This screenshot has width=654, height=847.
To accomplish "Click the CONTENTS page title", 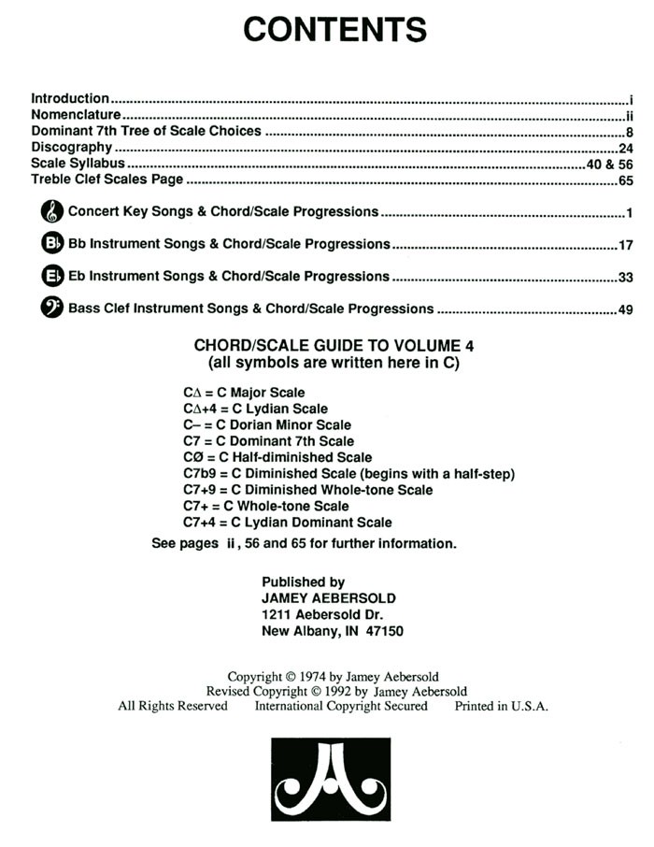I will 335,30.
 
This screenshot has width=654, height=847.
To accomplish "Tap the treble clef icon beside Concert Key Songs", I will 52,212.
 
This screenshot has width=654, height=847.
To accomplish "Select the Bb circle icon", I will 52,244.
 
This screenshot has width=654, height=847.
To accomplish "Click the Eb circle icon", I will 52,277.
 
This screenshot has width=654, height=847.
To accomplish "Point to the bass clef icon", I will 52,309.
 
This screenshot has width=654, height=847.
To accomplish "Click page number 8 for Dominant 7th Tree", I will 631,132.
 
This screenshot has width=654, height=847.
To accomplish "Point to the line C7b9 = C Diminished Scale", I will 348,474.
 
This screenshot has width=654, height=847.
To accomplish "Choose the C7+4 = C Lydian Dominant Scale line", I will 288,523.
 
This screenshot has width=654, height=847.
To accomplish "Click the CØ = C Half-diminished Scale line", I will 277,458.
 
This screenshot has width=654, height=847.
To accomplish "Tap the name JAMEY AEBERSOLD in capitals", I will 329,598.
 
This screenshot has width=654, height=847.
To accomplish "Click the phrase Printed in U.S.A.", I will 501,707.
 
